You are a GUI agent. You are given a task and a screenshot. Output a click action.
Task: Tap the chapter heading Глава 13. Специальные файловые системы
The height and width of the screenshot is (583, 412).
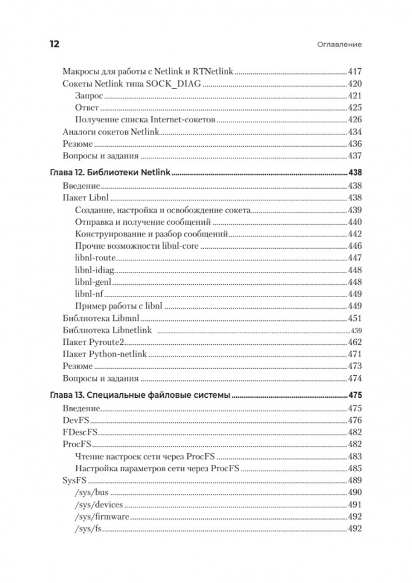(138, 395)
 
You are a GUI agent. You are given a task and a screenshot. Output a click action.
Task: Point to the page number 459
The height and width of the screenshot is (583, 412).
(356, 331)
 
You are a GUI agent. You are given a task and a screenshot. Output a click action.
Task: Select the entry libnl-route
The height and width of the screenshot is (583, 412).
(95, 257)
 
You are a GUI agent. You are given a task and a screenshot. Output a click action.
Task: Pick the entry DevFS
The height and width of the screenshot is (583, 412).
(74, 420)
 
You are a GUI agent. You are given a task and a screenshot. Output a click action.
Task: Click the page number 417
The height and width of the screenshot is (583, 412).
(354, 72)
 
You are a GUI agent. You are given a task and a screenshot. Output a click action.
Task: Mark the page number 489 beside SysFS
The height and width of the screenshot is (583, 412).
(354, 480)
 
